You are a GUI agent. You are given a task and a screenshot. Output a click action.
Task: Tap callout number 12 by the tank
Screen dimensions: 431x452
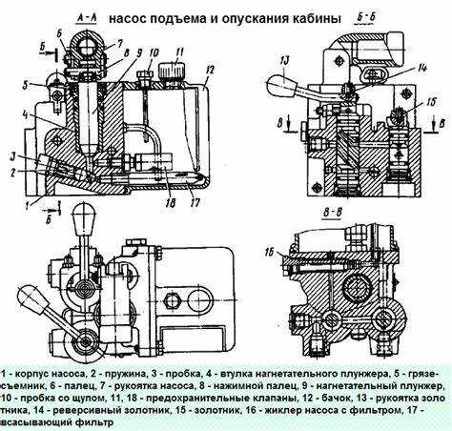(207, 69)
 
